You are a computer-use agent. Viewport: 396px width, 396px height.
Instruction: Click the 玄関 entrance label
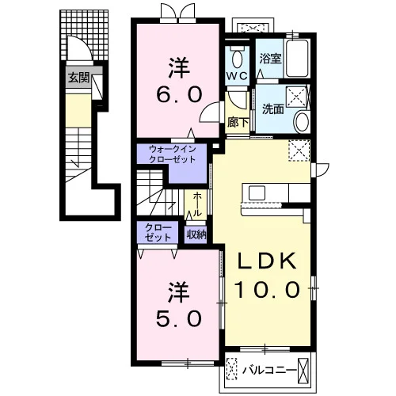[x=79, y=78]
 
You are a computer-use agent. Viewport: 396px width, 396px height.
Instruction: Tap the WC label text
[x=237, y=76]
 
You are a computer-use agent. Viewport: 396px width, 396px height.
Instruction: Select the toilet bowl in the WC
[x=238, y=59]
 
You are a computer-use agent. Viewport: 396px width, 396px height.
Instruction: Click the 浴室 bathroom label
[x=270, y=59]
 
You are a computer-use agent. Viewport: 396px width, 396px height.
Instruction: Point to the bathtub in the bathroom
[x=297, y=58]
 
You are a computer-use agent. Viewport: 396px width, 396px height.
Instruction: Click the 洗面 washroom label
[x=273, y=109]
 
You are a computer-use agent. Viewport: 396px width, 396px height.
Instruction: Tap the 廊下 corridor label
[x=238, y=122]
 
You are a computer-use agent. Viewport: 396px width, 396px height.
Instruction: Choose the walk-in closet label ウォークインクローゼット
[x=172, y=154]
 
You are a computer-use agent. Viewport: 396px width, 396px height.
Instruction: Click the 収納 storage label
[x=196, y=234]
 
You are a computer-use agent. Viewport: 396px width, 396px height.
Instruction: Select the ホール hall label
[x=197, y=204]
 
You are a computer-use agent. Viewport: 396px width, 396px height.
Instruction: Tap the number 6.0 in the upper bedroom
[x=179, y=94]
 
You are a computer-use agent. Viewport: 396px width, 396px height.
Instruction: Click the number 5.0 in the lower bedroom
[x=179, y=318]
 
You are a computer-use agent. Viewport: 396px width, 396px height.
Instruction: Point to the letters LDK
[x=267, y=261]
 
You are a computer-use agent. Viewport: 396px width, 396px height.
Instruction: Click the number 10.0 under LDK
[x=267, y=289]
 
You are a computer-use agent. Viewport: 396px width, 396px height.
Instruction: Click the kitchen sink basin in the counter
[x=257, y=193]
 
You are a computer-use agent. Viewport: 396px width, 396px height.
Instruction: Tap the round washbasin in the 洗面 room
[x=303, y=121]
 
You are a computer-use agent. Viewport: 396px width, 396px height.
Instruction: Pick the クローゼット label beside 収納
[x=158, y=232]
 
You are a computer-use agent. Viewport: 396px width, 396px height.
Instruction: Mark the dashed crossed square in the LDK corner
[x=299, y=150]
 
